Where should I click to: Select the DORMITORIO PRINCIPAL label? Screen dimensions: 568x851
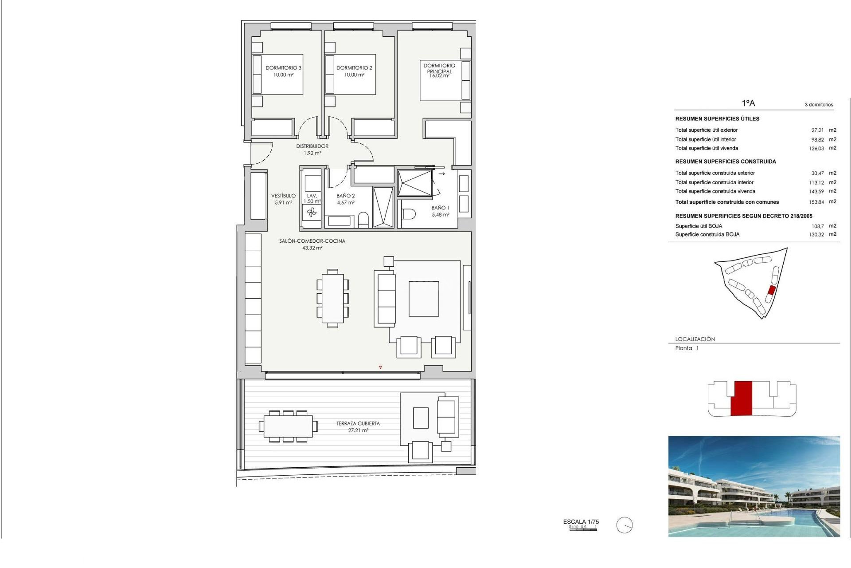tap(439, 68)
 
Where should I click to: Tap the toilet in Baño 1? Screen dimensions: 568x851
tap(408, 215)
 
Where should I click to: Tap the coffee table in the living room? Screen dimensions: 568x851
tap(424, 299)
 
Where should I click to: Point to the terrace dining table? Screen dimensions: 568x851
tap(288, 426)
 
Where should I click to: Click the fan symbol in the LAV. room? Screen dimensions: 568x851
tap(312, 213)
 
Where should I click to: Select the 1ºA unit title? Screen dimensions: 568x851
tap(748, 103)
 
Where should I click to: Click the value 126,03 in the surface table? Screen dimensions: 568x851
tap(816, 149)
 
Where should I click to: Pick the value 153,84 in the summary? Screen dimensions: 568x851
tap(816, 202)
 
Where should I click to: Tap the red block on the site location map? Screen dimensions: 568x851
tap(771, 291)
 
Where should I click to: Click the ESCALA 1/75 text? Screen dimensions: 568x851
tap(581, 522)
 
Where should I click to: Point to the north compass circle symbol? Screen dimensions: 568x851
tap(625, 525)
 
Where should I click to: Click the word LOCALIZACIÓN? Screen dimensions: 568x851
tap(695, 339)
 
